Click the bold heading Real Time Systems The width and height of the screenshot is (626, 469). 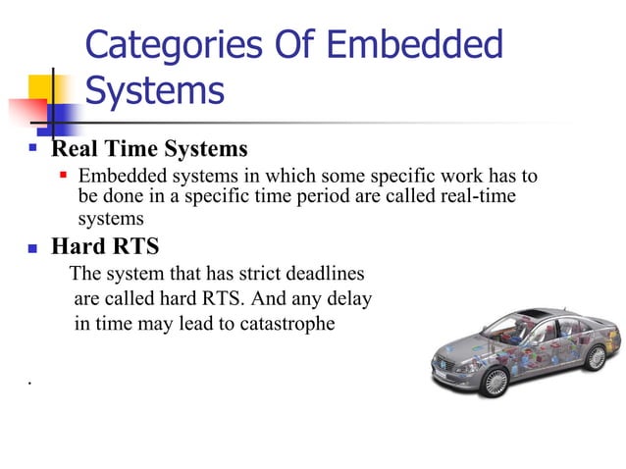149,150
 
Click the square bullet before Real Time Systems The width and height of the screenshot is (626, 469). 32,150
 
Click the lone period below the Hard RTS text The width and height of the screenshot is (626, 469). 32,380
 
